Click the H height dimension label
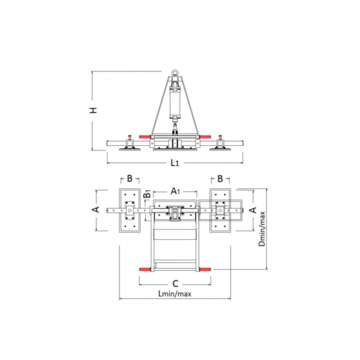coord(93,110)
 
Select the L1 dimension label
coord(175,163)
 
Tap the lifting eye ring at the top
coord(175,73)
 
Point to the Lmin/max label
coord(175,293)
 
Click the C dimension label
coord(175,284)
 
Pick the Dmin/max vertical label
coord(262,229)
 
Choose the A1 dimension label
coord(175,191)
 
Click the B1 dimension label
coord(147,194)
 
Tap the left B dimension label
coord(130,178)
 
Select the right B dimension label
coord(220,178)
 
